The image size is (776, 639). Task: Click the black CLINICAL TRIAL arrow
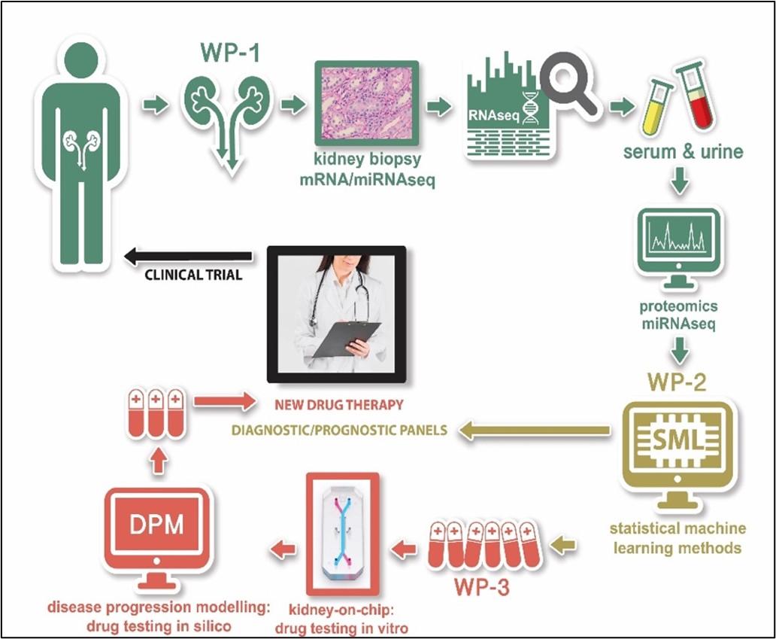(188, 257)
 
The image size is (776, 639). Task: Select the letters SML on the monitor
(680, 437)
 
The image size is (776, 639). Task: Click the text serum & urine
(684, 152)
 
